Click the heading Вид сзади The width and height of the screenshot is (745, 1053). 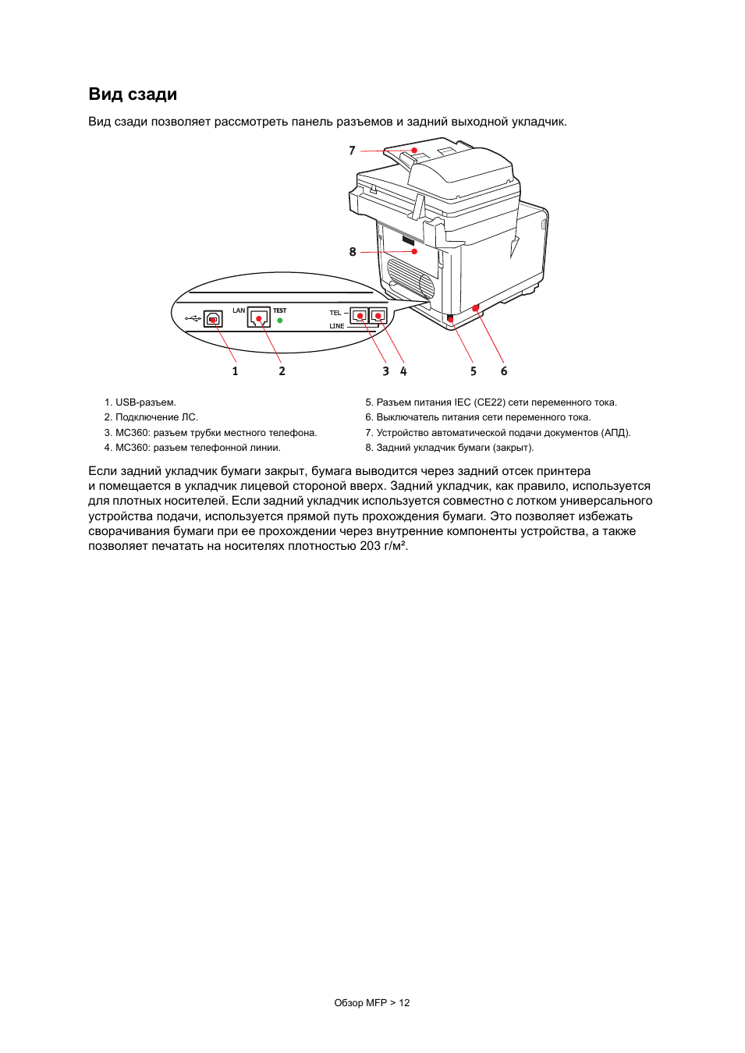133,94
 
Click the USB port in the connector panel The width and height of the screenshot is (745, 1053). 213,319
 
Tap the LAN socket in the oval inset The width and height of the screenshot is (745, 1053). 259,317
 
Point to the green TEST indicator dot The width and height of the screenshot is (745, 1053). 280,321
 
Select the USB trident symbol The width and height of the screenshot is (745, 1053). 193,319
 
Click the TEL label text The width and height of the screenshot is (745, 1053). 335,313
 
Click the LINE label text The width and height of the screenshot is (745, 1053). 336,326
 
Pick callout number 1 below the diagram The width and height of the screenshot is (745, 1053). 235,371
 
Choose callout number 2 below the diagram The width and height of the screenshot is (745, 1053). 282,371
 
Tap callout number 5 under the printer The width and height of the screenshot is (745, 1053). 474,371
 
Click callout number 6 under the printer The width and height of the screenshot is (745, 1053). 504,371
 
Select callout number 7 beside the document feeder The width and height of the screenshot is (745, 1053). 352,151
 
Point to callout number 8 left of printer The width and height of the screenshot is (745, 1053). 353,252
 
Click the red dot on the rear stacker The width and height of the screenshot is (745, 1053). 414,251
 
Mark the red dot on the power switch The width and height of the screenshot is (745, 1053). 475,308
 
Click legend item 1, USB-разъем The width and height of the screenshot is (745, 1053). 140,402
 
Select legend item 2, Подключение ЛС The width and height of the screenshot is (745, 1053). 151,417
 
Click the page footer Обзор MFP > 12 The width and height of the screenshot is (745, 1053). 372,1003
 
